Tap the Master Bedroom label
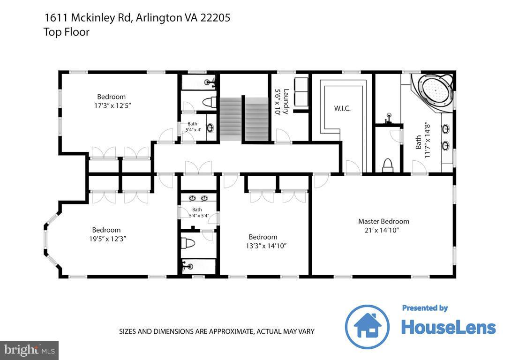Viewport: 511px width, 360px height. point(383,221)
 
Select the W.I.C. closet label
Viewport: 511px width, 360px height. point(342,108)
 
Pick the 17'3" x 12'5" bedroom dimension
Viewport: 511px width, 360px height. point(112,106)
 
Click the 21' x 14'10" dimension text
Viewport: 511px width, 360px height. point(383,230)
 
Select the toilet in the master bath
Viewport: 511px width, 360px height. point(388,165)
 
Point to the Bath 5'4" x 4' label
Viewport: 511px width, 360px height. point(192,127)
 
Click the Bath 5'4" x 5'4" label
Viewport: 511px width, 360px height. point(197,213)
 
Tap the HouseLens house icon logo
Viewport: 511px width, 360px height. point(367,327)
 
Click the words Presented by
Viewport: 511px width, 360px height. point(425,308)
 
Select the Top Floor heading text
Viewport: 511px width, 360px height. point(66,32)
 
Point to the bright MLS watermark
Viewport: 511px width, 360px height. point(29,350)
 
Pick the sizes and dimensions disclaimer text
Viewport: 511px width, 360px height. point(217,331)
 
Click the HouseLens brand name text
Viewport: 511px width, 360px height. point(448,328)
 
